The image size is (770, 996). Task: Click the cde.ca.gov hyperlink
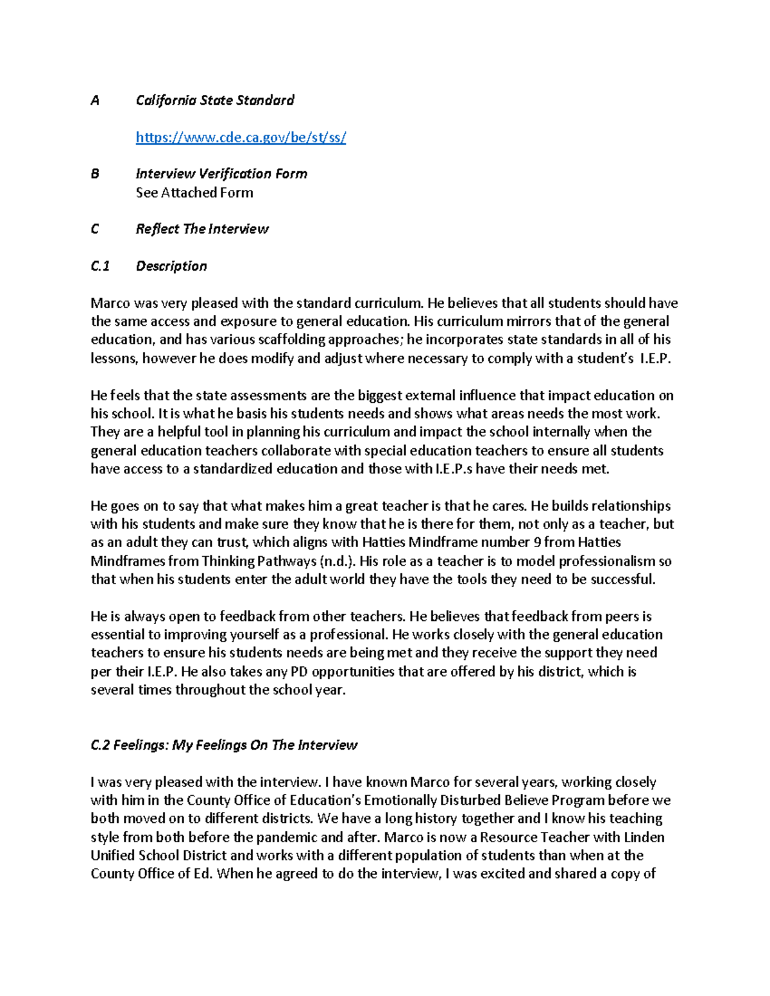(241, 137)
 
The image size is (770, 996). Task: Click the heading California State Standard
(215, 100)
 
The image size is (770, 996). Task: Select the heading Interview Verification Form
(221, 174)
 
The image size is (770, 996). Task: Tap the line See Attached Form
(194, 192)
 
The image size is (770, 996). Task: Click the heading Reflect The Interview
(202, 229)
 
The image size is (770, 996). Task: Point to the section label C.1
(100, 266)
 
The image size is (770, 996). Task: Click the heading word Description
(171, 266)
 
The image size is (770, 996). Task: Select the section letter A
(95, 100)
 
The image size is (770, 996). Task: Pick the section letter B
(95, 174)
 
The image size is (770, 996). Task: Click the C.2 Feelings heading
(224, 745)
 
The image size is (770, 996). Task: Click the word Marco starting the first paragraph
(109, 303)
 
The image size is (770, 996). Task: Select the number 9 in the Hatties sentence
(536, 543)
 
